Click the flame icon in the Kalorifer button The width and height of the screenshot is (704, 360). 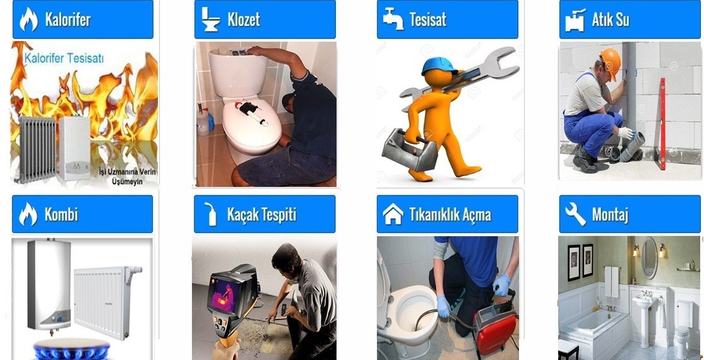pos(28,20)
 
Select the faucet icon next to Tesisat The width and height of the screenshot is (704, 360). pos(393,19)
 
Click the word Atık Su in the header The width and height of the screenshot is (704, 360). pos(610,20)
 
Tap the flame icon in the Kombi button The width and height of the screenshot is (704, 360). pos(28,214)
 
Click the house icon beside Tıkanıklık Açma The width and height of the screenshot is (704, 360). pos(393,214)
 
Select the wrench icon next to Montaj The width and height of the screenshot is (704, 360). pos(575,214)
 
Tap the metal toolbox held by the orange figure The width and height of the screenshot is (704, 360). pos(409,150)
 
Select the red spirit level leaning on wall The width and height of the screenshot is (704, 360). pos(661,123)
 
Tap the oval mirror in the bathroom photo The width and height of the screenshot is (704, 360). pos(650,258)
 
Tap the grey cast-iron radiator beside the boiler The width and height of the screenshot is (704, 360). pos(35,148)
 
